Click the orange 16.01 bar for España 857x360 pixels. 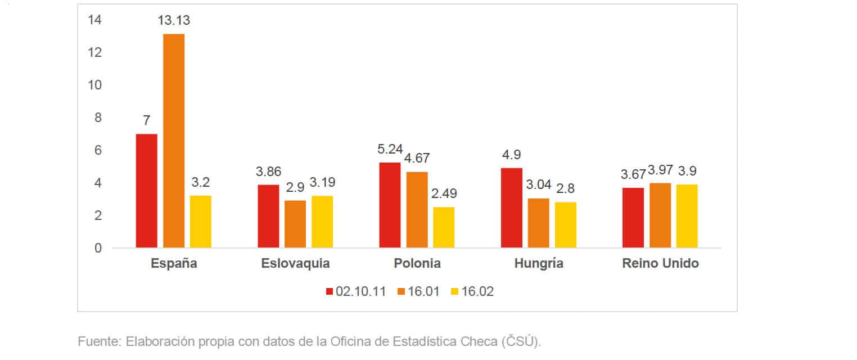tap(174, 141)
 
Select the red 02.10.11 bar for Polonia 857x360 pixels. tap(390, 205)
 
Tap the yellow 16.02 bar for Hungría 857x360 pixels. tap(565, 225)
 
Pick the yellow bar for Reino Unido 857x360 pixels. tap(687, 216)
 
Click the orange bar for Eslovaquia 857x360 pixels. tap(295, 224)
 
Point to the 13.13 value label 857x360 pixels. tap(174, 21)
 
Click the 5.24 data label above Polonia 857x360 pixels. tap(390, 150)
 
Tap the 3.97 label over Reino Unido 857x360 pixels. tap(660, 170)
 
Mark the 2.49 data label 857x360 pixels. tap(444, 194)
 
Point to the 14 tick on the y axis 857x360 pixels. tap(94, 20)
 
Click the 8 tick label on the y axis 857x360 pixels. tap(98, 118)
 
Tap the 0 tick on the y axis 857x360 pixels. tap(98, 248)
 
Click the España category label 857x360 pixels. tap(174, 264)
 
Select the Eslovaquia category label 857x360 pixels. tap(295, 264)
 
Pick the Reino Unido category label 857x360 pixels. tap(660, 264)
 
